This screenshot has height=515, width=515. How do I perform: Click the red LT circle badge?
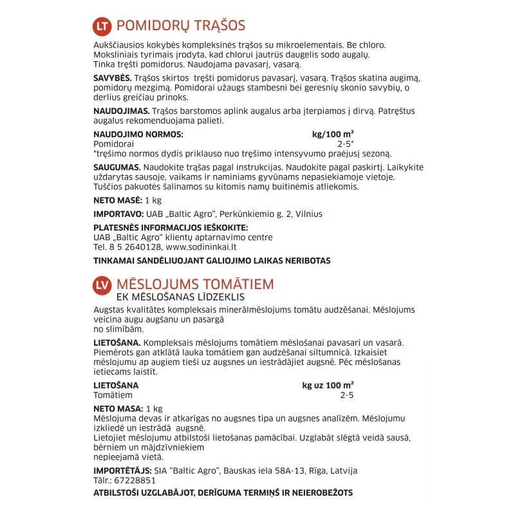point(102,26)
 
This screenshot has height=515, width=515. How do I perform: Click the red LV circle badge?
point(102,285)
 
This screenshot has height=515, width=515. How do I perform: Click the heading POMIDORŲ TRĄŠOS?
point(180,26)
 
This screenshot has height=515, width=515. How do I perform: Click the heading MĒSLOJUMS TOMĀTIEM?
point(195,284)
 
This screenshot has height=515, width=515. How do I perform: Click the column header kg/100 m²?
point(333,135)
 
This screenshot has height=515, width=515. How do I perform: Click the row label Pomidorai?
point(113,144)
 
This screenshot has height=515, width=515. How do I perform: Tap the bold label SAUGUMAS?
point(117,167)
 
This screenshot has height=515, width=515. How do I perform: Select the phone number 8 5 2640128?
point(133,246)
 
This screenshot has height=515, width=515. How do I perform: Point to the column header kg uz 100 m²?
point(328,386)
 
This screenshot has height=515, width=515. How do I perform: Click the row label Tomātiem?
point(113,395)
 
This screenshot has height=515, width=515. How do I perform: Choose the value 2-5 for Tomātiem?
point(347,395)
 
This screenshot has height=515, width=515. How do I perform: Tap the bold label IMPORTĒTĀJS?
point(122,471)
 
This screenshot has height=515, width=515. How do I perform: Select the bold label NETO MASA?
point(118,408)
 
